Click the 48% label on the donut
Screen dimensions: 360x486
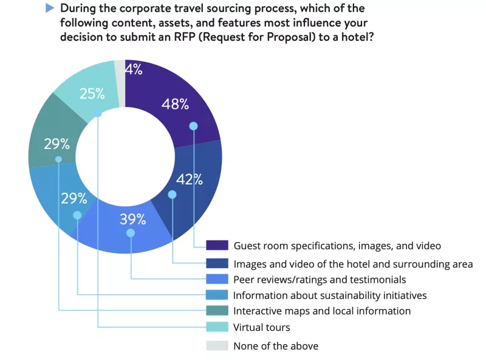[x=175, y=104]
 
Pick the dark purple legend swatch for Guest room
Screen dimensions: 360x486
[x=217, y=246]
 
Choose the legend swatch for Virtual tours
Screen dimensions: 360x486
[x=217, y=327]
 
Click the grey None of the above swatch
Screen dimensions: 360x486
[x=217, y=345]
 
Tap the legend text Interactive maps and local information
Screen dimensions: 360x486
[x=322, y=311]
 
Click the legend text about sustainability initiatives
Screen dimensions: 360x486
[x=330, y=295]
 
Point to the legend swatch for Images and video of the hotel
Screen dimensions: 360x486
[x=217, y=263]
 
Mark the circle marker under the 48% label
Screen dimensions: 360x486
[x=194, y=126]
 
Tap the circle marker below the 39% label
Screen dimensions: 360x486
[x=131, y=233]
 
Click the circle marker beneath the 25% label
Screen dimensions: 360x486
[x=97, y=113]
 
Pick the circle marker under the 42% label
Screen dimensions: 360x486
[x=173, y=195]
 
